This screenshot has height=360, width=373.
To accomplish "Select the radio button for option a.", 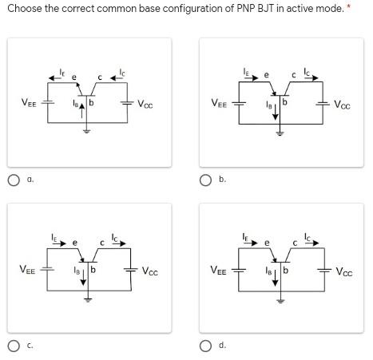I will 14,180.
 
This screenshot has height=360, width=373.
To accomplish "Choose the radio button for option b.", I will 206,180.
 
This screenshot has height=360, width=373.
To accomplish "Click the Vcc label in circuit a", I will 144,104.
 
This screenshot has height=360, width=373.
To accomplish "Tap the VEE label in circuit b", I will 217,103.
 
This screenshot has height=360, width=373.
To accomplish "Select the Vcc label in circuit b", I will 341,104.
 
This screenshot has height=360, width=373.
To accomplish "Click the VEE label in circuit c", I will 26,270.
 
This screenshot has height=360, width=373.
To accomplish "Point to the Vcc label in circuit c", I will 149,271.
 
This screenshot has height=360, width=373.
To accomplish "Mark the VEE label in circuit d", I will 217,269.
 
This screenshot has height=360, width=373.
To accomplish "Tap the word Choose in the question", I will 24,8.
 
